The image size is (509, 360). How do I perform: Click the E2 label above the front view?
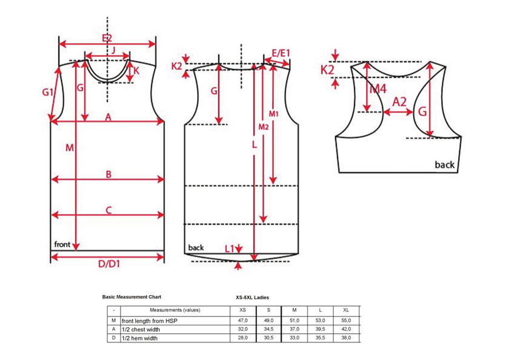pyautogui.click(x=107, y=38)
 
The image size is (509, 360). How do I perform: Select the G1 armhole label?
pyautogui.click(x=48, y=92)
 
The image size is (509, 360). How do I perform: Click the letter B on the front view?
pyautogui.click(x=108, y=175)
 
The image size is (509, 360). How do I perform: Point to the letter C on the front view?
pyautogui.click(x=108, y=210)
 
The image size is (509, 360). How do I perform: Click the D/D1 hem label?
pyautogui.click(x=109, y=264)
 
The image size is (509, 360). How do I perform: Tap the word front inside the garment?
pyautogui.click(x=62, y=244)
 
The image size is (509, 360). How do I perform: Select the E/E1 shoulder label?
pyautogui.click(x=281, y=53)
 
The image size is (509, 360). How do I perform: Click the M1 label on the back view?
pyautogui.click(x=274, y=113)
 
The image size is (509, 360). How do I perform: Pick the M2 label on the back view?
pyautogui.click(x=264, y=127)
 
